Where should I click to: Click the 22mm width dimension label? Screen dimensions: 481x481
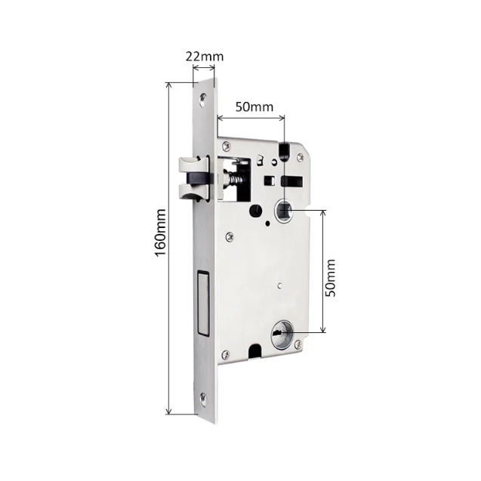pos(205,57)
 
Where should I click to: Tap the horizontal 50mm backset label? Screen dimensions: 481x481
pos(253,106)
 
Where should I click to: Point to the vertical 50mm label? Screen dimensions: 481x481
pos(330,279)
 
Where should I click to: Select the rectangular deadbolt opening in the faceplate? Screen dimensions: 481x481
pos(202,302)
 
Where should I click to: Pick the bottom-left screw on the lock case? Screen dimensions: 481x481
pos(224,352)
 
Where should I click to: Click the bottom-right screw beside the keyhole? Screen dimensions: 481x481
pos(300,344)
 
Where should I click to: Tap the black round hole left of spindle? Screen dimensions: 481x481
pos(254,210)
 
